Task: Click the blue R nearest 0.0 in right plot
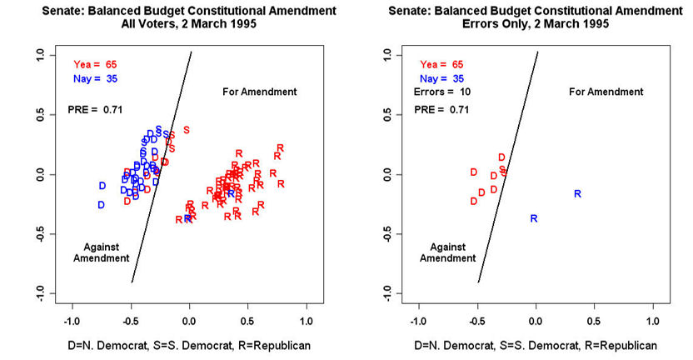tap(534, 219)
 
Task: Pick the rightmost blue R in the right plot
tap(577, 194)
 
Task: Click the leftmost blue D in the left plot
tap(102, 186)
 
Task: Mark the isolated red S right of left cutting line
tap(187, 129)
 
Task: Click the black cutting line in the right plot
tap(508, 167)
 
